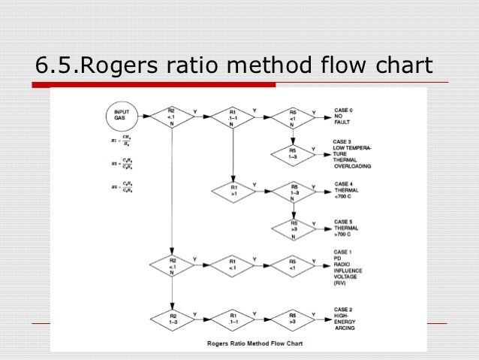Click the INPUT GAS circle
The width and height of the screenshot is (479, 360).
click(121, 116)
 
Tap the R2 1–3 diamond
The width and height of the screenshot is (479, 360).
click(173, 319)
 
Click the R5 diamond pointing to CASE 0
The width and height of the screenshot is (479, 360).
click(294, 116)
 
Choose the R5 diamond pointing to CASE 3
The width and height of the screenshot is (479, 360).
click(294, 153)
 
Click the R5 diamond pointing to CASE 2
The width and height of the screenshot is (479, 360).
click(294, 319)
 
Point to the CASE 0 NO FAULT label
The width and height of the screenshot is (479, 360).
click(345, 116)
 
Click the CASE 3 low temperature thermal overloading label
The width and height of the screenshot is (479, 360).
click(353, 153)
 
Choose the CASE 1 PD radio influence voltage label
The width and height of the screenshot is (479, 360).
click(349, 267)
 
